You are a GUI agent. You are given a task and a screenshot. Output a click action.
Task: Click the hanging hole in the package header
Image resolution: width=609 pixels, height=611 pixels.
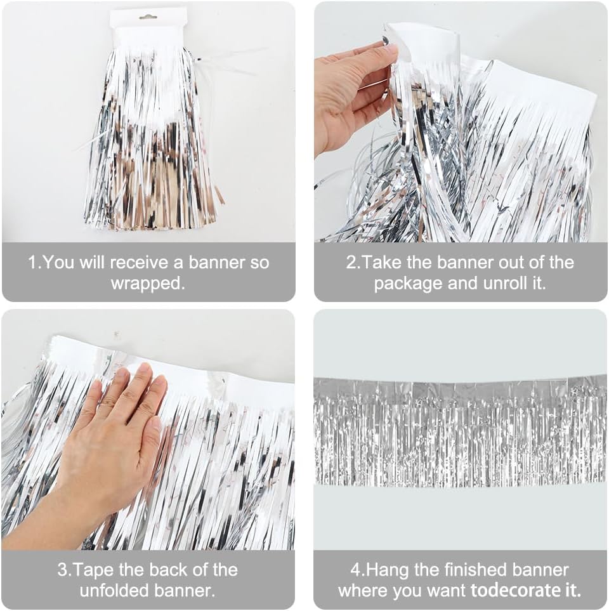tap(148, 16)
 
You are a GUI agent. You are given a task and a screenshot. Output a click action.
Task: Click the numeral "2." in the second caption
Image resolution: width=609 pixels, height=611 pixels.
tap(353, 263)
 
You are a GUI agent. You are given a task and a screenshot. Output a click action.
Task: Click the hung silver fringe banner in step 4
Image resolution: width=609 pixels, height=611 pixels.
tap(460, 431)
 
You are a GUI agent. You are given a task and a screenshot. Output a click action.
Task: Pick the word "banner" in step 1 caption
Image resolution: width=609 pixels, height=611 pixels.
tap(218, 263)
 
